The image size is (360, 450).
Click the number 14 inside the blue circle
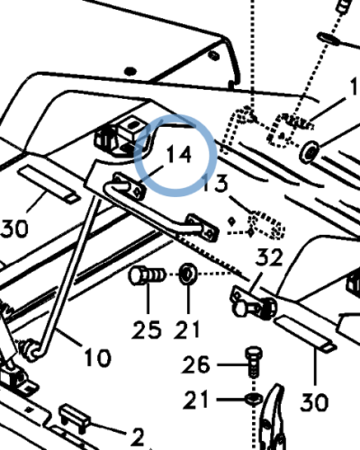point(179,154)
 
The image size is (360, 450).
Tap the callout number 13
point(215,184)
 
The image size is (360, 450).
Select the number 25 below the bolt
point(147,329)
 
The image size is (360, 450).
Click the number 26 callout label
point(195,364)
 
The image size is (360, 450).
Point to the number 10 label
point(98,357)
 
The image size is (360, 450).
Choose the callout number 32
point(269,257)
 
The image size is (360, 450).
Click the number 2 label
point(138,436)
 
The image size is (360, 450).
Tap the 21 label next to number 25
point(186,329)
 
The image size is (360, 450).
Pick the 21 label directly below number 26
point(195,400)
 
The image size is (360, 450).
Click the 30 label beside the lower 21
point(314,402)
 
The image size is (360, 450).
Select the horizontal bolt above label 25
point(147,275)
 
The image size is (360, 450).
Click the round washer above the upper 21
point(188,274)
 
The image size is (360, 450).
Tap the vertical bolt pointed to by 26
point(254,362)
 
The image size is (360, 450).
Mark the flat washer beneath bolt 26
point(254,399)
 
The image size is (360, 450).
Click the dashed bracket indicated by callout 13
point(266,225)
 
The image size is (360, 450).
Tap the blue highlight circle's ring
point(135,156)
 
